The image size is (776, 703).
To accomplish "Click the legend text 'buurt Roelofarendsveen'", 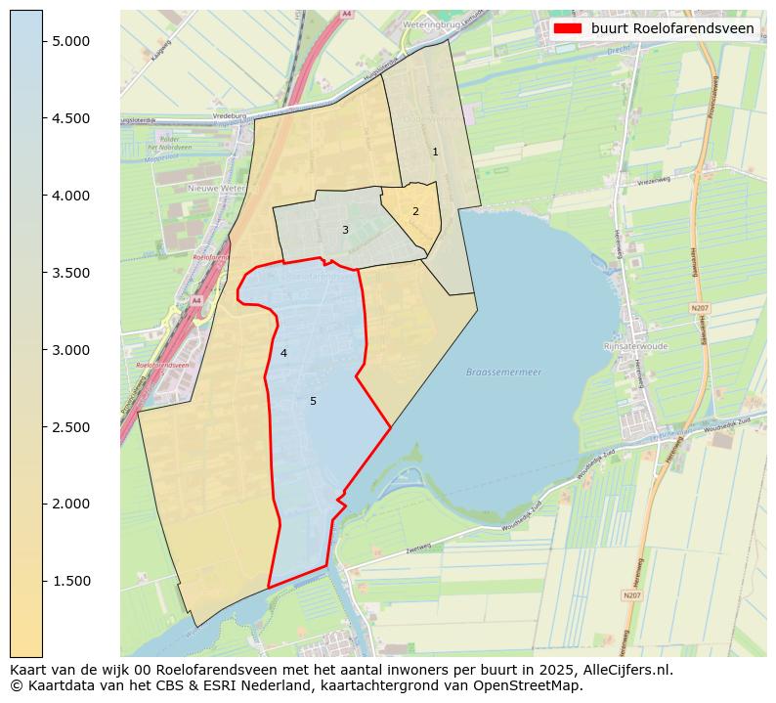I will coord(672,28).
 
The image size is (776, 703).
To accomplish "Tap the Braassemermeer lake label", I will coord(503,373).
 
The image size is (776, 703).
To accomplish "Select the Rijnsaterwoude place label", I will coord(635,346).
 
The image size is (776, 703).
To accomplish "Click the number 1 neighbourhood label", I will coord(435,152).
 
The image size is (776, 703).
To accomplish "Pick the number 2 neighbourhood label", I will coord(415,211).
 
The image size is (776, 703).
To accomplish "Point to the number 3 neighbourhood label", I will coord(344,230).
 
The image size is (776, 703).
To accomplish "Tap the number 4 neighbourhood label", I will coord(283,353).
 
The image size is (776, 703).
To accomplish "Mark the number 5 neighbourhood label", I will coord(313,401).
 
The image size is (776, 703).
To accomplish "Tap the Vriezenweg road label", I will coord(653,181).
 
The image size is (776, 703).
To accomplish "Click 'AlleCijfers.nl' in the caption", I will coord(623,671).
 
